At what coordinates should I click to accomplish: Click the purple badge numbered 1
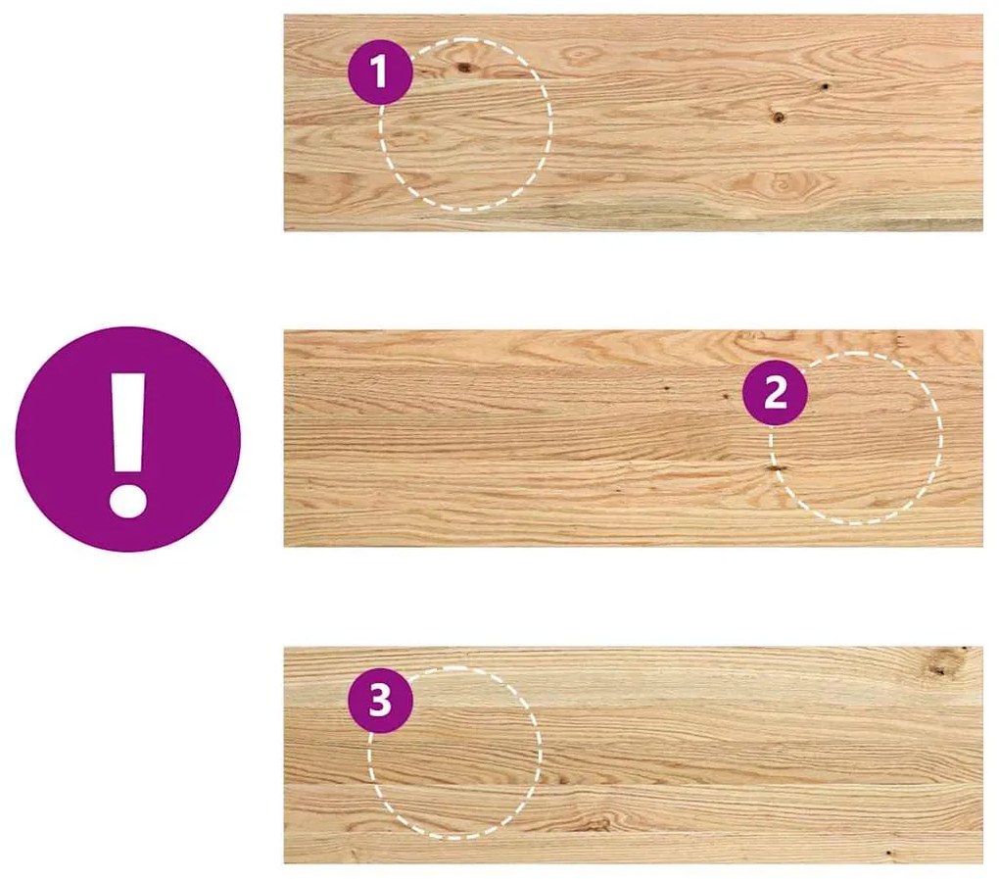[x=380, y=72]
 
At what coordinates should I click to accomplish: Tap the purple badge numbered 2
[x=776, y=393]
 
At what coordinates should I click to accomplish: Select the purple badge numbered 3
[x=380, y=701]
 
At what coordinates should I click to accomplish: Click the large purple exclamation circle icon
[x=128, y=439]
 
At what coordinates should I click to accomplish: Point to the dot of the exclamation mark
[x=128, y=499]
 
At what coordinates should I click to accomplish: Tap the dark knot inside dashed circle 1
[x=464, y=67]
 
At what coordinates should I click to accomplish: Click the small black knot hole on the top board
[x=825, y=86]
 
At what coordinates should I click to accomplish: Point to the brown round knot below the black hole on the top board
[x=778, y=117]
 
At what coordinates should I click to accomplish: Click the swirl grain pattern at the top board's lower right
[x=781, y=185]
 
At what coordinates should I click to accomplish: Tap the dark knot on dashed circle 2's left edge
[x=776, y=469]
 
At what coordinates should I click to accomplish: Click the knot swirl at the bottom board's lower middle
[x=595, y=823]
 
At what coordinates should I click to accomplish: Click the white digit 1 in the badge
[x=380, y=72]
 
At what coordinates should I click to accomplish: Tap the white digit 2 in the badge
[x=776, y=393]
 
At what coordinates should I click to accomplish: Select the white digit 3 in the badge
[x=380, y=701]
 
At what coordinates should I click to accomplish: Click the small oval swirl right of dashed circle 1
[x=581, y=56]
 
